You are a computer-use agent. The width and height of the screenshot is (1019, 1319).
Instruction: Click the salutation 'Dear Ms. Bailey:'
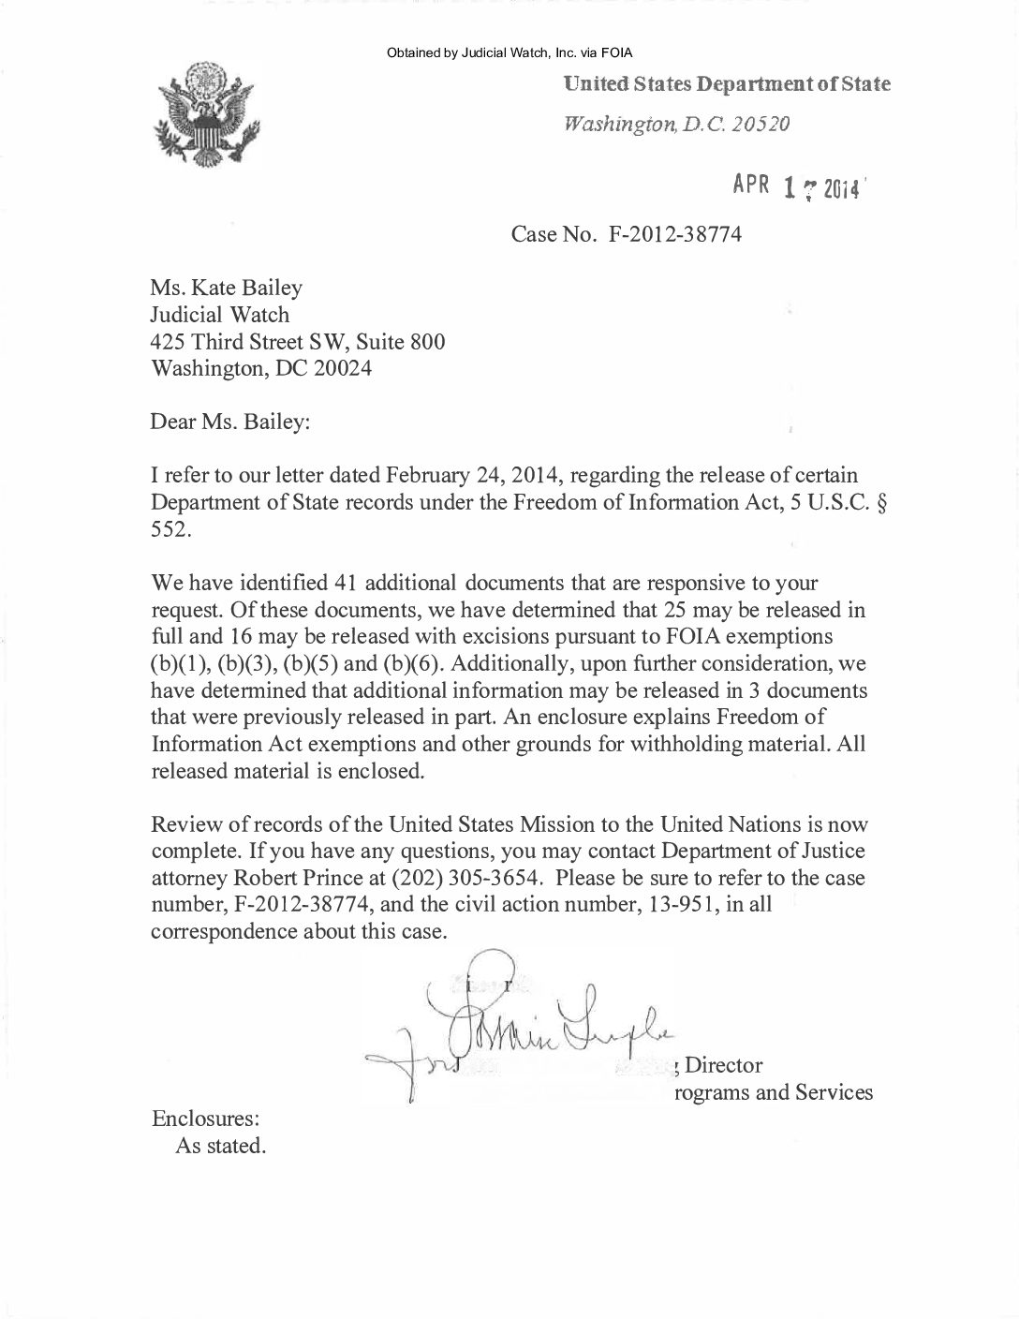(229, 422)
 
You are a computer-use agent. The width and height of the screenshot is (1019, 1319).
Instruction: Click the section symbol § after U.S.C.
(879, 502)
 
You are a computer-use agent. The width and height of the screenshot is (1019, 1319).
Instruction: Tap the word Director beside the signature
(724, 1065)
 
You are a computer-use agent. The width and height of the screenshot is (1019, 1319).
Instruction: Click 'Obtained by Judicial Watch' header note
(509, 52)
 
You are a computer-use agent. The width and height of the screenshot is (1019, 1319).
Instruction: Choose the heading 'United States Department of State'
(726, 84)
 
